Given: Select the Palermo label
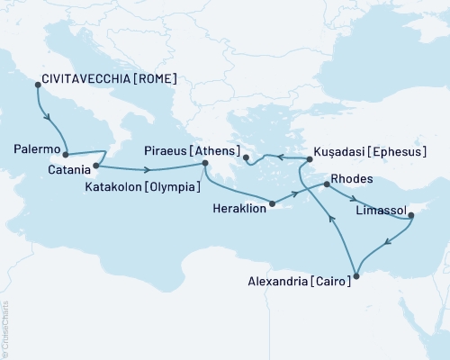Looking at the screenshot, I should [38, 147].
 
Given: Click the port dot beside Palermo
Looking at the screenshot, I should [66, 154].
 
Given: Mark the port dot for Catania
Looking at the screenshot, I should [96, 166].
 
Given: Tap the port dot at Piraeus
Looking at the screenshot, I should [206, 163].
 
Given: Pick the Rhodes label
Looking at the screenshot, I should [350, 179].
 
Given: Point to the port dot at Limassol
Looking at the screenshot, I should [410, 214].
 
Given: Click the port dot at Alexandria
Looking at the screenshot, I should [356, 275].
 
